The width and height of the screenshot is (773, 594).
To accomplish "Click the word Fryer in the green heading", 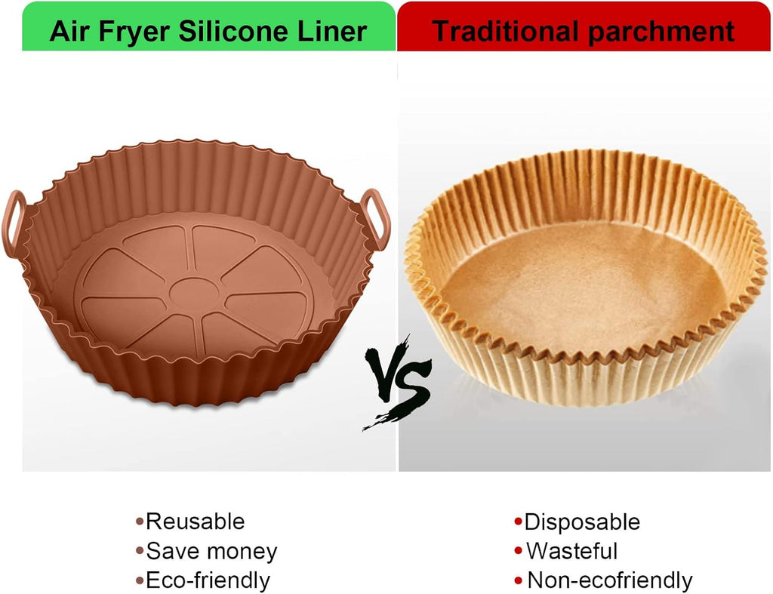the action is click(x=134, y=32).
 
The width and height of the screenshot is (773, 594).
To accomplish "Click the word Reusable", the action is click(x=196, y=521).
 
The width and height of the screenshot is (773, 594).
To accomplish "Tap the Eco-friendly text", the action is click(x=208, y=580).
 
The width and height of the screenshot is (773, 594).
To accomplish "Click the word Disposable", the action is click(x=582, y=522).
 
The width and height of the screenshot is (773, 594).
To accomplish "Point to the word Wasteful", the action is click(x=572, y=551).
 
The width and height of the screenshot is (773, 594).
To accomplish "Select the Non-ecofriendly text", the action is click(x=610, y=580).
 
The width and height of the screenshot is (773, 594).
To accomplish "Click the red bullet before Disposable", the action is click(x=518, y=522).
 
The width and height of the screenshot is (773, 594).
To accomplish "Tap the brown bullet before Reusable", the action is click(x=140, y=522).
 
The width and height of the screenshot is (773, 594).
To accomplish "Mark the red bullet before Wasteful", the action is click(x=518, y=551).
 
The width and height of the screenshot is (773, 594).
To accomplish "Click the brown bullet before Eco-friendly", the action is click(x=140, y=580).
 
